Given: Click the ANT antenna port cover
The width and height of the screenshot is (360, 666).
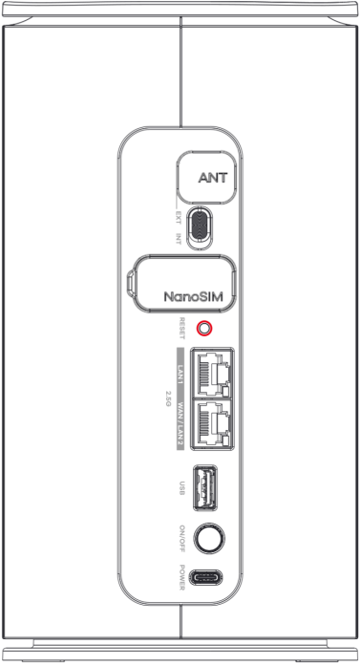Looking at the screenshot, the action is coord(207,177).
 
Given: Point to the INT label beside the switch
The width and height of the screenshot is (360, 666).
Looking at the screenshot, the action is coord(179,238).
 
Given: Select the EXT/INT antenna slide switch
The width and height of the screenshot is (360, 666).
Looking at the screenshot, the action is coord(200,227).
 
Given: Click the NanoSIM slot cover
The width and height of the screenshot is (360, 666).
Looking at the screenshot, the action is coord(180,283).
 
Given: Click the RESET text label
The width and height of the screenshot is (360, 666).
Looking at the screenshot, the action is coord(182,328).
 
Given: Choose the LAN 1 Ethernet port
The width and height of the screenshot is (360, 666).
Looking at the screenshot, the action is coord(212,373).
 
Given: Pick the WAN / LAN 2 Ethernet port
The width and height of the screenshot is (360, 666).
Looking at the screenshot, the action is coord(212,424).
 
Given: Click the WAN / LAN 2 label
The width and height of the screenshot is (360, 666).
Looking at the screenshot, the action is coord(180,425).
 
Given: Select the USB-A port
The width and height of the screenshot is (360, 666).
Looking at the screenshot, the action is coord(205,487).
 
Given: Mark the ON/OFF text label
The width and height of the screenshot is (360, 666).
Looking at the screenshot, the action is coord(182,539).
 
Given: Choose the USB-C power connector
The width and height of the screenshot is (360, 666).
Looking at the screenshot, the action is coord(207,578).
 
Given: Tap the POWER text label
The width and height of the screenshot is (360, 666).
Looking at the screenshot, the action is coord(182,577).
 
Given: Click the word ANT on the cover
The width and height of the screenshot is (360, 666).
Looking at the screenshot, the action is coord(213,177).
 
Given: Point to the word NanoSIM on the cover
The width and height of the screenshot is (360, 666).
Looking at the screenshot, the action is coord(193,296).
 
